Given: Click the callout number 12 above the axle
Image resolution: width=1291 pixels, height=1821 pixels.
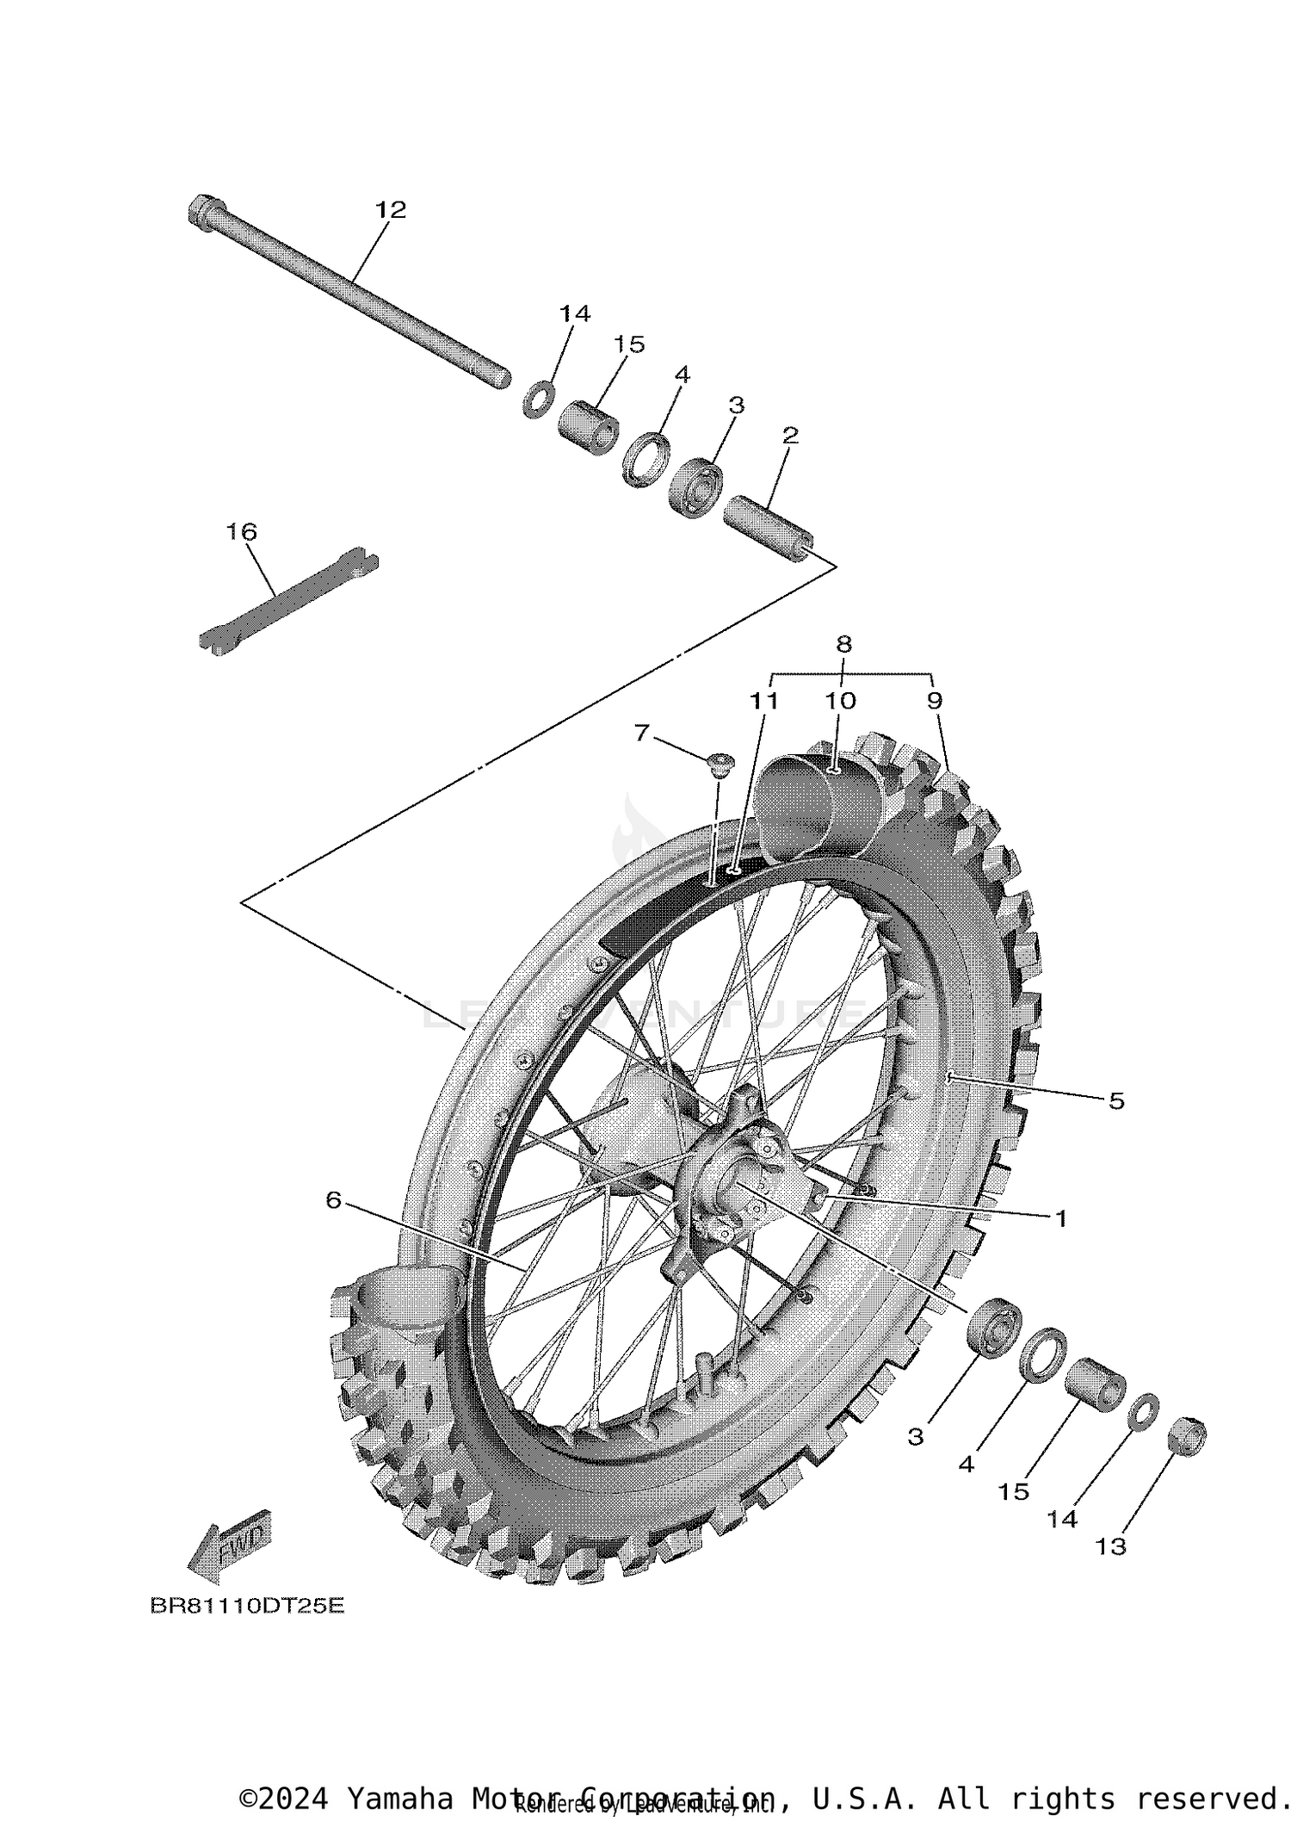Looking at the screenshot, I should tap(390, 209).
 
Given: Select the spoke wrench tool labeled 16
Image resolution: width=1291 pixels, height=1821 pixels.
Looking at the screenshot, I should tap(288, 600).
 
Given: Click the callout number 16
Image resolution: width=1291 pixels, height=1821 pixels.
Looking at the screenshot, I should tap(242, 532).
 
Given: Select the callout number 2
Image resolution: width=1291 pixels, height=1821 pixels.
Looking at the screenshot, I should tap(790, 436).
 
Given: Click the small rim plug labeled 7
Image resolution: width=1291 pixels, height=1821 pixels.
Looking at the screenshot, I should tap(720, 762).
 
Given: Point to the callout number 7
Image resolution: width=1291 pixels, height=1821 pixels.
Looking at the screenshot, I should tap(641, 733).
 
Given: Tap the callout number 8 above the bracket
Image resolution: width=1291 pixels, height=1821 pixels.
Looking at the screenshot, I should tap(843, 643).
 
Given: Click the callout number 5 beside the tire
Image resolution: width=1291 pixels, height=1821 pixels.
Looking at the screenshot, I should tap(1115, 1100).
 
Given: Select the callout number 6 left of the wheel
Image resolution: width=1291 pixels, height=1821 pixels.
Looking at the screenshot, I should tap(334, 1199).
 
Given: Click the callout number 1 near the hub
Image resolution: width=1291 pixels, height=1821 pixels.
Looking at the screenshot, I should tap(1060, 1218).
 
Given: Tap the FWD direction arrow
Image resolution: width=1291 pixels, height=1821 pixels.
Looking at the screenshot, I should tap(229, 1550).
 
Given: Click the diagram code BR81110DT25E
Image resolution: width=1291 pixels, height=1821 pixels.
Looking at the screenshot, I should tap(247, 1607).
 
